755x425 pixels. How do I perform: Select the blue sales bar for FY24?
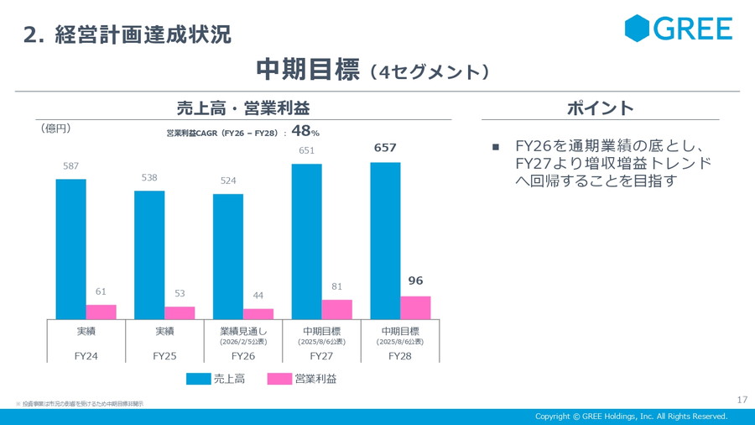tap(70, 249)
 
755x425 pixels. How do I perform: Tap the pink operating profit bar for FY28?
tap(414, 307)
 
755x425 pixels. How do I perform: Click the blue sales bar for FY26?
tap(227, 256)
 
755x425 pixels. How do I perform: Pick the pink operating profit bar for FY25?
tap(179, 312)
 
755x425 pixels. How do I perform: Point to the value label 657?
tap(385, 148)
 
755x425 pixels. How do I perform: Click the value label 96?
tap(415, 281)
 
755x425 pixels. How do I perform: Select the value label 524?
tap(228, 181)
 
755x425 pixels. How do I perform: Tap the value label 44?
tap(258, 296)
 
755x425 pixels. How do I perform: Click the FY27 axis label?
tap(321, 356)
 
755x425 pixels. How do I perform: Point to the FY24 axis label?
tap(86, 356)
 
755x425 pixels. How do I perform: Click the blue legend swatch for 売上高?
tap(199, 380)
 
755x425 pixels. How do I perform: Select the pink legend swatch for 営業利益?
tap(279, 380)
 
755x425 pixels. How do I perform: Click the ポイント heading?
tap(600, 108)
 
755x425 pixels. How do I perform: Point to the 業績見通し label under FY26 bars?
tap(242, 331)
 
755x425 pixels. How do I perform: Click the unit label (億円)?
tap(55, 129)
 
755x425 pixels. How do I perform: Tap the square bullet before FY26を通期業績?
tap(496, 147)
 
